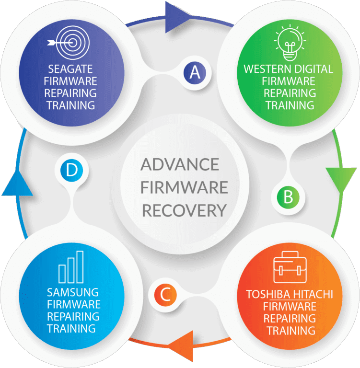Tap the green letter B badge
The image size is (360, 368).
288,196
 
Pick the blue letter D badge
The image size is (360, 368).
71,171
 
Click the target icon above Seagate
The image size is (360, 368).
69,41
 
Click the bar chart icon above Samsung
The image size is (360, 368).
71,267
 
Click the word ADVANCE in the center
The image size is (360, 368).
179,164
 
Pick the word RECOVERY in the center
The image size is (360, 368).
184,210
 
